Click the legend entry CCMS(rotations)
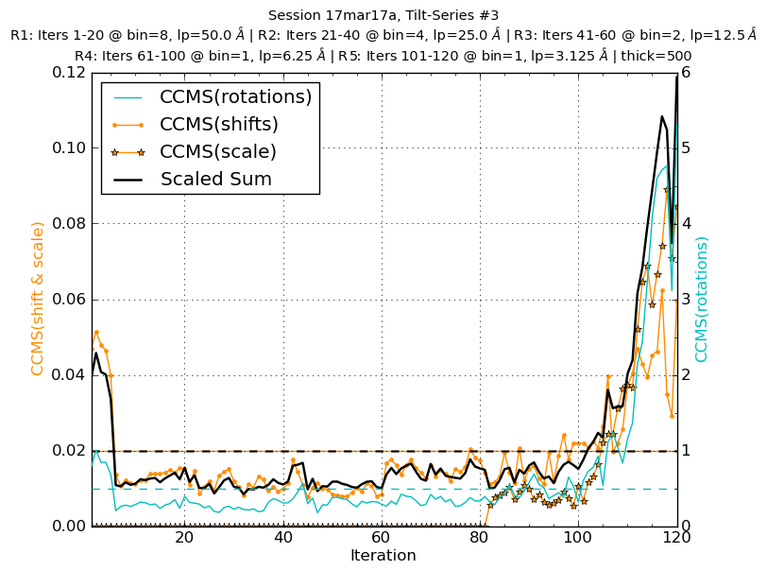tap(235, 97)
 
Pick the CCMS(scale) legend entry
tap(217, 152)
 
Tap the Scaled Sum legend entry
tap(215, 180)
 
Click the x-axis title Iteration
tap(383, 556)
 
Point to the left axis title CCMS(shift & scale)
tap(38, 298)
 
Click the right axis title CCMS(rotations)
tap(702, 299)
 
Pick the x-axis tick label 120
tap(676, 538)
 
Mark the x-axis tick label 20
tap(184, 538)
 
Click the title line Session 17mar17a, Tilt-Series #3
tap(383, 15)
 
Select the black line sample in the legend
tap(128, 180)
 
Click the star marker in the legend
tap(128, 152)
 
